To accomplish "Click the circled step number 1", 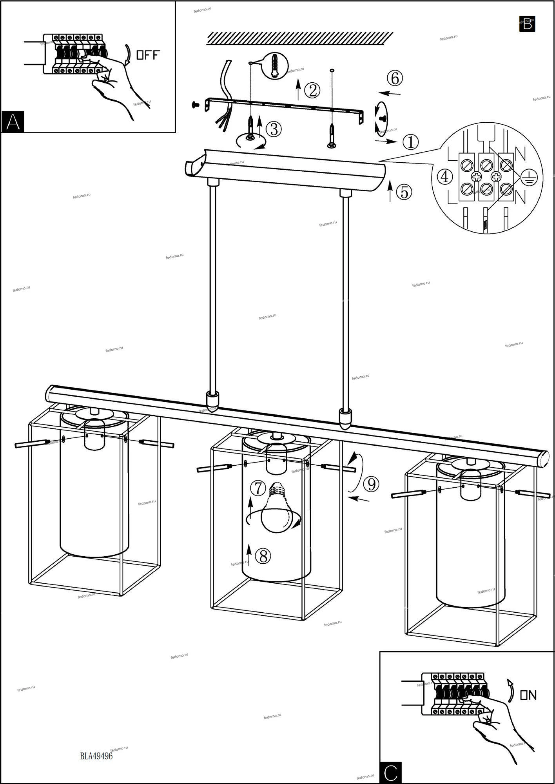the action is (411, 142).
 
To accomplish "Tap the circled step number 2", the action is (312, 91).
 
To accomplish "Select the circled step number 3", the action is (274, 129).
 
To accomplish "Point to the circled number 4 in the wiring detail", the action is (444, 177).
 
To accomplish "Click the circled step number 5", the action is (404, 192).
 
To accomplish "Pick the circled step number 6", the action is (395, 78).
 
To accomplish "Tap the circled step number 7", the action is (258, 488).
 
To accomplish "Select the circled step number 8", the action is (263, 556).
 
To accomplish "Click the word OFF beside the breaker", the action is (148, 55).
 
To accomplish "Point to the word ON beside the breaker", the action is (528, 695).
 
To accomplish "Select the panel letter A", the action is (13, 122).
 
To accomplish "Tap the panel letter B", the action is (527, 24).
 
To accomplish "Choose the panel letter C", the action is (391, 772).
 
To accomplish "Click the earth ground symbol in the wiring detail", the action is (530, 179).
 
